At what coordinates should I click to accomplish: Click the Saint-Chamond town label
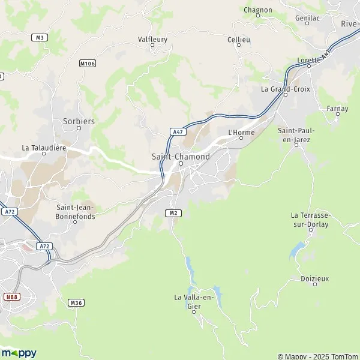point(181,157)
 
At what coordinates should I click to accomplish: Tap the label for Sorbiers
point(79,121)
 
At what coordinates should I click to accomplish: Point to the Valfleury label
point(152,40)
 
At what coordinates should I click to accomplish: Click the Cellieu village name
point(238,40)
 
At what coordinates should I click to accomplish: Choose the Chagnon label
point(257,10)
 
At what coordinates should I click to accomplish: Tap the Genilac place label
point(307,19)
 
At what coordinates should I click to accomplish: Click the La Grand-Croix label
point(284,89)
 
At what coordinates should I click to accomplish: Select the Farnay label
point(337,109)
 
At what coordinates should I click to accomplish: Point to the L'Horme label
point(241,133)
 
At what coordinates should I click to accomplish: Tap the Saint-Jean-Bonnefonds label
point(75,212)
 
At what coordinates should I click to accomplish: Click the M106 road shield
point(88,62)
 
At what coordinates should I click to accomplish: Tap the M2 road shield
point(173,212)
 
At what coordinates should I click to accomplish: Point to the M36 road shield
point(76,302)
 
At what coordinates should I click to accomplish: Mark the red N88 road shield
point(11,296)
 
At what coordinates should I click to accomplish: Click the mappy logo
point(19,353)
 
